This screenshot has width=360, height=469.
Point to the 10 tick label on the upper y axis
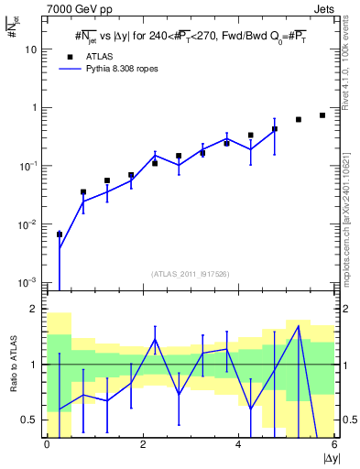[x=31, y=49]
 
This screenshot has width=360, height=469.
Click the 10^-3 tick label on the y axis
[x=31, y=282]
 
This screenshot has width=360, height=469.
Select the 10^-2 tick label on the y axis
[x=31, y=224]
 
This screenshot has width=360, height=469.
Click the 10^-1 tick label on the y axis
[x=31, y=166]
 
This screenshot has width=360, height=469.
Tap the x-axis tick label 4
[x=238, y=445]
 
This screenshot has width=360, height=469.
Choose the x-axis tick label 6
[x=333, y=445]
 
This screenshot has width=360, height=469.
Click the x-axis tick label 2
[x=143, y=445]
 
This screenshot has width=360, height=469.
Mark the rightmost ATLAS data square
[x=322, y=115]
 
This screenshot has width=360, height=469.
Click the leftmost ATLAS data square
[x=60, y=234]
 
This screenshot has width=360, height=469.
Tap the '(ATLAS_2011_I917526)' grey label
[x=191, y=274]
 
